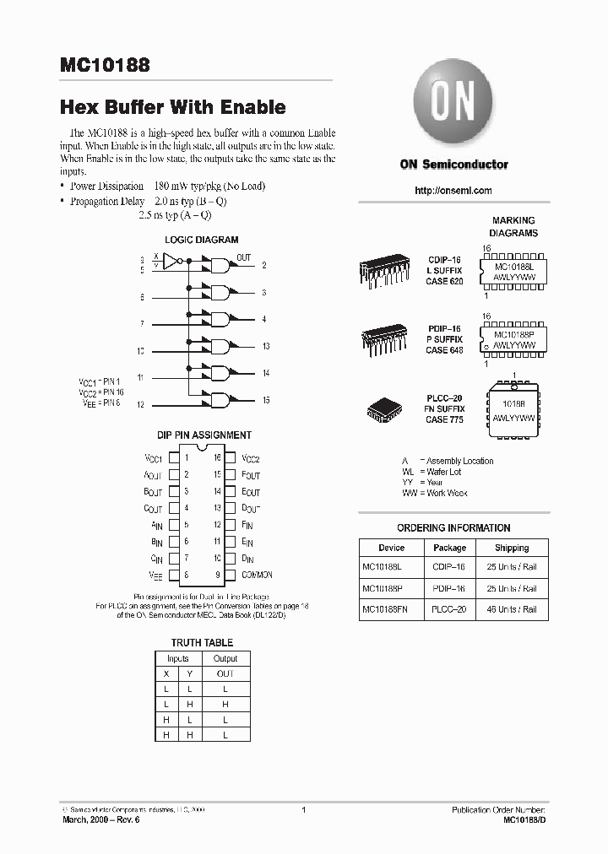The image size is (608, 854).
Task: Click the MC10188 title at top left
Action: [x=106, y=66]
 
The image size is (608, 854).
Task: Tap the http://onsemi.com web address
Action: [x=453, y=191]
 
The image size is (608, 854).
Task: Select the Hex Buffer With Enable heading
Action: [x=172, y=107]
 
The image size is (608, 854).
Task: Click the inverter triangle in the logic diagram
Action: [x=171, y=262]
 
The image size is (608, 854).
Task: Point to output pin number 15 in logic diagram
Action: [x=266, y=401]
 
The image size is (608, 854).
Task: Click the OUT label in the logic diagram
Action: [x=243, y=257]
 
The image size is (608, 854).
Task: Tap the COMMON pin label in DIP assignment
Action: [x=257, y=575]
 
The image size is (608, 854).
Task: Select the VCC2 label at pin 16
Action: [x=251, y=458]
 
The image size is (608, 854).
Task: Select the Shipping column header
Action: [x=512, y=548]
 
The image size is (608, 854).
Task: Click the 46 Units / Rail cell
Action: [x=512, y=609]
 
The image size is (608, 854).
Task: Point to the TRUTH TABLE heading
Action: [x=203, y=642]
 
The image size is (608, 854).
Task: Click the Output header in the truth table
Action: [x=225, y=658]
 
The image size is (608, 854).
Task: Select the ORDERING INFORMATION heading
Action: [x=453, y=528]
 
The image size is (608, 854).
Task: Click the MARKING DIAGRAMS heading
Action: [x=514, y=226]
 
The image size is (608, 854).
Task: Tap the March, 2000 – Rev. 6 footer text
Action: [x=100, y=819]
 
